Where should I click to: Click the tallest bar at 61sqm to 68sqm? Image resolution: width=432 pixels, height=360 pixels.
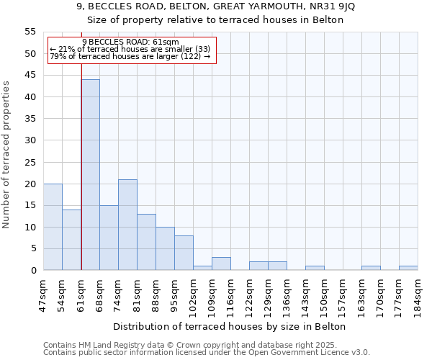tap(90, 175)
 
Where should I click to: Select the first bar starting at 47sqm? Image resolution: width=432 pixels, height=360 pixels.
tap(53, 227)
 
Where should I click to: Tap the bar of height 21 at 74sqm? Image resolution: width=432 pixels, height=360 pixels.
tap(127, 225)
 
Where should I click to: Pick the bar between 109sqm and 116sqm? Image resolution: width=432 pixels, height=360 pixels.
tap(221, 264)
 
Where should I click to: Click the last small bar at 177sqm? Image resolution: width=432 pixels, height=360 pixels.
tap(408, 268)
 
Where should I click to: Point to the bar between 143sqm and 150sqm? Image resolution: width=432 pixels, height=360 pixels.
tap(315, 268)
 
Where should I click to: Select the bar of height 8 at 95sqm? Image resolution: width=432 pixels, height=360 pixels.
tap(184, 253)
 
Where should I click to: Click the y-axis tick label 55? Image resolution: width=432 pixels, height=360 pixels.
tap(30, 32)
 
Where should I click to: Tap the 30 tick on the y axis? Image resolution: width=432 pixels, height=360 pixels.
tap(30, 140)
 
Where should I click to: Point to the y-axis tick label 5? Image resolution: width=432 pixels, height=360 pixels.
tap(33, 249)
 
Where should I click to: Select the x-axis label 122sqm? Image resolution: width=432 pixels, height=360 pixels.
tap(249, 294)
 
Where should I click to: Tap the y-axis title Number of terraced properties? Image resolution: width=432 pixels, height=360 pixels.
tap(6, 155)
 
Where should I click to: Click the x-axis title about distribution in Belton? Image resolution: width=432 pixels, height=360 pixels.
tap(230, 327)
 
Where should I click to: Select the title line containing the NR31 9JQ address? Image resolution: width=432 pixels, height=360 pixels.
tap(215, 6)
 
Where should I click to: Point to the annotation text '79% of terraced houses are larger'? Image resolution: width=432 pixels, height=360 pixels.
tap(130, 56)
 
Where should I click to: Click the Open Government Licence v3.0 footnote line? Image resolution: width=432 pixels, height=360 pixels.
tap(206, 353)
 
